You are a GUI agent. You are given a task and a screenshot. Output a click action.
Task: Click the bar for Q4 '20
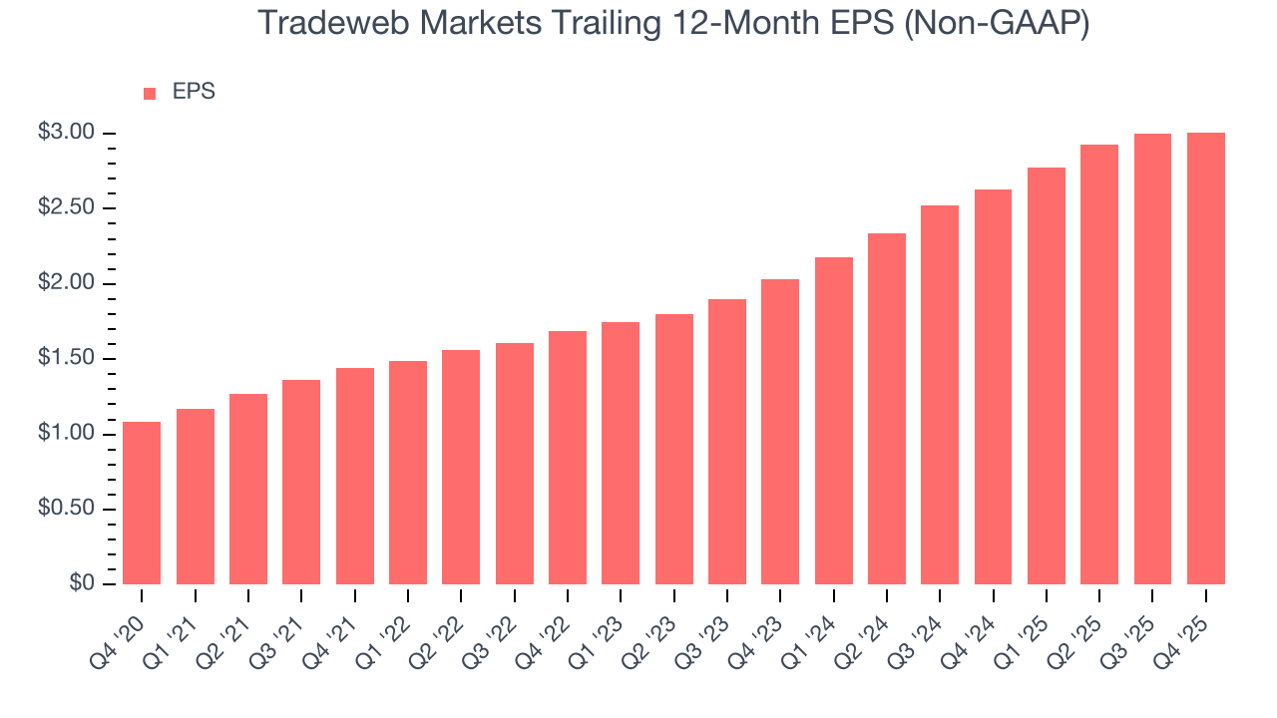[x=142, y=503]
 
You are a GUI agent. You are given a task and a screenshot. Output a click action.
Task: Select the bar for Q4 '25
[x=1205, y=359]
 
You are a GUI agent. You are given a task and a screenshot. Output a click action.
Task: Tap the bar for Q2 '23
[x=673, y=449]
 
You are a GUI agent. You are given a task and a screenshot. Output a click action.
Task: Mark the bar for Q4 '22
[x=567, y=458]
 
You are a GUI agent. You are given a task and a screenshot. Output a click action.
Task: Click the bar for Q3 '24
[x=940, y=395]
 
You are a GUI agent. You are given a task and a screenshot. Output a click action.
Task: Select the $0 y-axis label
[x=82, y=584]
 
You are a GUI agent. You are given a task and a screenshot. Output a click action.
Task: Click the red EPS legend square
[x=150, y=93]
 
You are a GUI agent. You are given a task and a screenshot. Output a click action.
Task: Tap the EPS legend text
[x=194, y=92]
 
